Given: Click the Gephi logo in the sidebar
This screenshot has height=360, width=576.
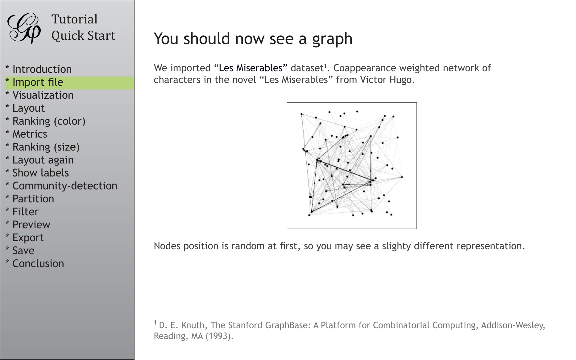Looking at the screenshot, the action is coord(24,28).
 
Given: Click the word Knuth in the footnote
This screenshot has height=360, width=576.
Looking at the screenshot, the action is coord(193,325).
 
